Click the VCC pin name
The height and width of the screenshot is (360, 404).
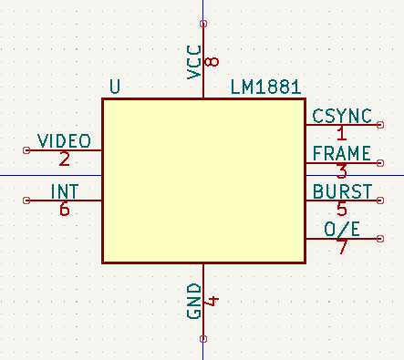tap(193, 63)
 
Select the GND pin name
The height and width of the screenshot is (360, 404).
tap(193, 301)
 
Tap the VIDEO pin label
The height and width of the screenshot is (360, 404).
tap(64, 140)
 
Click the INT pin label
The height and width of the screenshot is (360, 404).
tap(64, 191)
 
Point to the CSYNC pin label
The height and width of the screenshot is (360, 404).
tap(342, 116)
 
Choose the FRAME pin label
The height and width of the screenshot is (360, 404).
tap(342, 153)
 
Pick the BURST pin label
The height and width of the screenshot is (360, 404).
tap(342, 191)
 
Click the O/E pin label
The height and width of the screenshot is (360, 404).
tap(342, 229)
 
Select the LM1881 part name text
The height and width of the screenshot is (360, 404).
tap(265, 87)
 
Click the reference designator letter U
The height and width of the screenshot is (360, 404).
tap(114, 87)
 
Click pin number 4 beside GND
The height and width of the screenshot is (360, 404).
tap(212, 301)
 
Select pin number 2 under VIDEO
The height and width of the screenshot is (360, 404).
tap(64, 159)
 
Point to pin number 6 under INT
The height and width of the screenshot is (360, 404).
tap(64, 210)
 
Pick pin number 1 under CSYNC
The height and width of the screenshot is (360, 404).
tap(342, 133)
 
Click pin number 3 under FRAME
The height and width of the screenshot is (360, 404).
tap(342, 171)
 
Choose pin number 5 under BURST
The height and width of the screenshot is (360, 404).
tap(342, 209)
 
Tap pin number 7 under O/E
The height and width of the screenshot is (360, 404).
tap(342, 247)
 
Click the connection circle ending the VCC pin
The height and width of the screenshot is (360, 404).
tap(202, 23)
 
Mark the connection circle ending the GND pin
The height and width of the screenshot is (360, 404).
tap(202, 340)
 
